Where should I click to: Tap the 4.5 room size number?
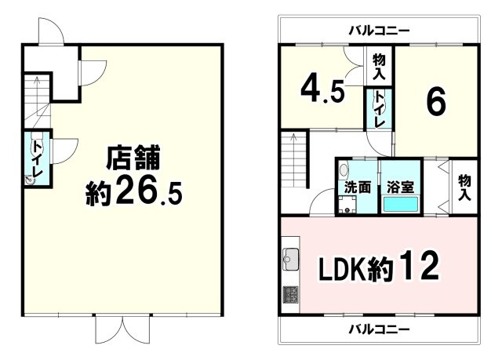pos(322,89)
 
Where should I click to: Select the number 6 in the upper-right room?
pos(436,100)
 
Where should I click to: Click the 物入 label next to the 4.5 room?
pos(379,67)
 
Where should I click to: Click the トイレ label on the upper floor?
pos(378,110)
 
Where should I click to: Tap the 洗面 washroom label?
pos(355,187)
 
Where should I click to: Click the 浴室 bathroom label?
pos(401,187)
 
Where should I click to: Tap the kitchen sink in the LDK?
pos(290,256)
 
